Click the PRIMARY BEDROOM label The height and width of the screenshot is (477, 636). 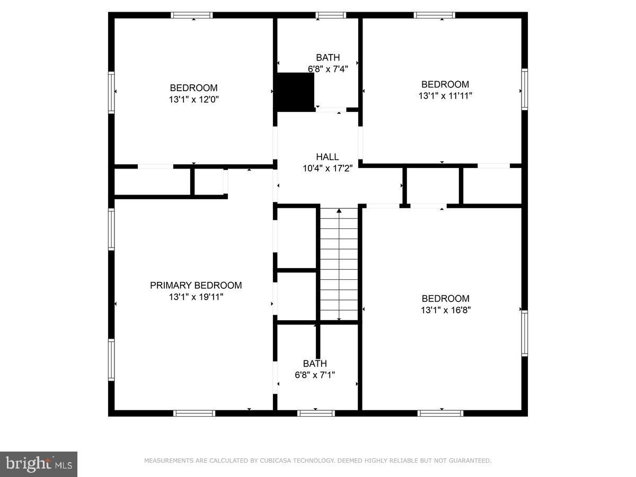coord(196,285)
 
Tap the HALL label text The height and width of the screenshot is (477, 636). coord(328,157)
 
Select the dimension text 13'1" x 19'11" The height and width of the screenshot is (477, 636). coord(196,297)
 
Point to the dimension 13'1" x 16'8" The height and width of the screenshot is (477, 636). coord(446,310)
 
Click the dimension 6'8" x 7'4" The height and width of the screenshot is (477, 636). coord(328,69)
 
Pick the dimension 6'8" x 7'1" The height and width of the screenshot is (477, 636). coord(315,375)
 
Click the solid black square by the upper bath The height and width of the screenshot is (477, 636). coord(296,92)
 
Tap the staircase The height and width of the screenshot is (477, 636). coord(339,264)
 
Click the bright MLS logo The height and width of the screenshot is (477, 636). coord(39,464)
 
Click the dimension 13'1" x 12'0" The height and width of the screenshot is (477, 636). coord(193,99)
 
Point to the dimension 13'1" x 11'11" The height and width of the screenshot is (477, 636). coord(445,96)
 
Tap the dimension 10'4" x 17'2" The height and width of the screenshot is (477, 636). coord(328,168)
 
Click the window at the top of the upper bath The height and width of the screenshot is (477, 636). coord(331,15)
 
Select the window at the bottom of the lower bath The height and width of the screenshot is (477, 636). coord(316,413)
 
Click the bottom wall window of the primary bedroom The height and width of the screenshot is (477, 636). coord(195,413)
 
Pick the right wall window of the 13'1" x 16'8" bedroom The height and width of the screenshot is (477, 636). coord(525,333)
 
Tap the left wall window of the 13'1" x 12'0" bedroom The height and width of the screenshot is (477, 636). coord(111,92)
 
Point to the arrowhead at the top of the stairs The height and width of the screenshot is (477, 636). coord(339,210)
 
